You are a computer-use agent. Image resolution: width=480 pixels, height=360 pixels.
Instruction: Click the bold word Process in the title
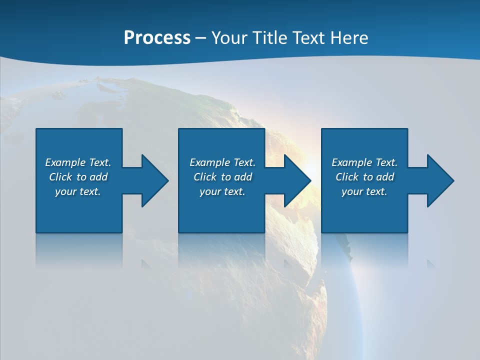[157, 38]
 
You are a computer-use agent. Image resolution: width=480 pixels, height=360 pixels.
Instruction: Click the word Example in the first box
[65, 162]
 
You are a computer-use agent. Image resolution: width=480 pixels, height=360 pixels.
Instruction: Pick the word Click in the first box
[61, 177]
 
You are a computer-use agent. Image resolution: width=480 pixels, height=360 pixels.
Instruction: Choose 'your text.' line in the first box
[78, 191]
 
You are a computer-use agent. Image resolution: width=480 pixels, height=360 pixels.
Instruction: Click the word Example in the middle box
[209, 162]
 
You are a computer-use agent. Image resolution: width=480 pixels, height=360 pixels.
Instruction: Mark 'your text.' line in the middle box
[222, 191]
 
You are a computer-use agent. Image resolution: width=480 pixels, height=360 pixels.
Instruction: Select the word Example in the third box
[351, 162]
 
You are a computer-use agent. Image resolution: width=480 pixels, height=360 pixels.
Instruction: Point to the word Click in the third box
[347, 177]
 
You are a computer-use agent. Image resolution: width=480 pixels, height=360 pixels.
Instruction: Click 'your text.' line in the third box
[364, 191]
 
